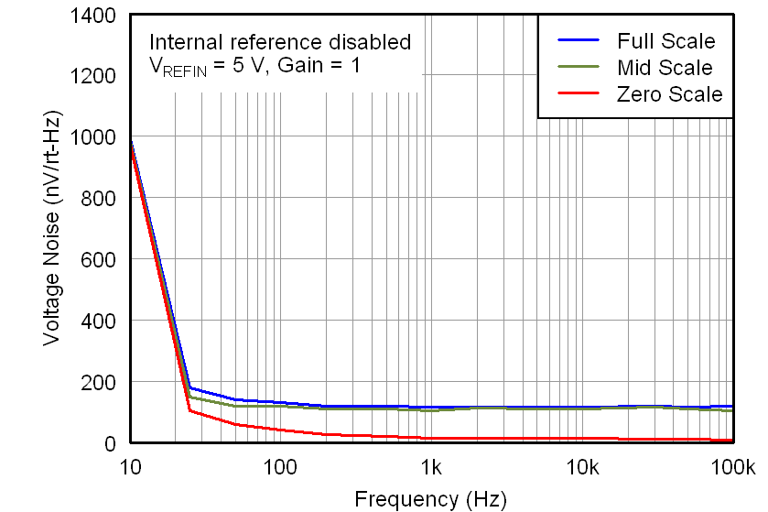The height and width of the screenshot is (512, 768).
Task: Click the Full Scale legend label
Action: coord(666,41)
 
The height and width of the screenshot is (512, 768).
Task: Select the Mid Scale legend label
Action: coord(665,68)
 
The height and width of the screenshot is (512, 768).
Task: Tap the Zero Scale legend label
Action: coord(669,94)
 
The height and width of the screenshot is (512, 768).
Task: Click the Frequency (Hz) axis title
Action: coord(430,498)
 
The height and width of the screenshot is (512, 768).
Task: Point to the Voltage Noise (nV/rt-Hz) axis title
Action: coord(53,229)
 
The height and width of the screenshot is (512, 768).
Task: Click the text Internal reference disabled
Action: coord(280,41)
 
